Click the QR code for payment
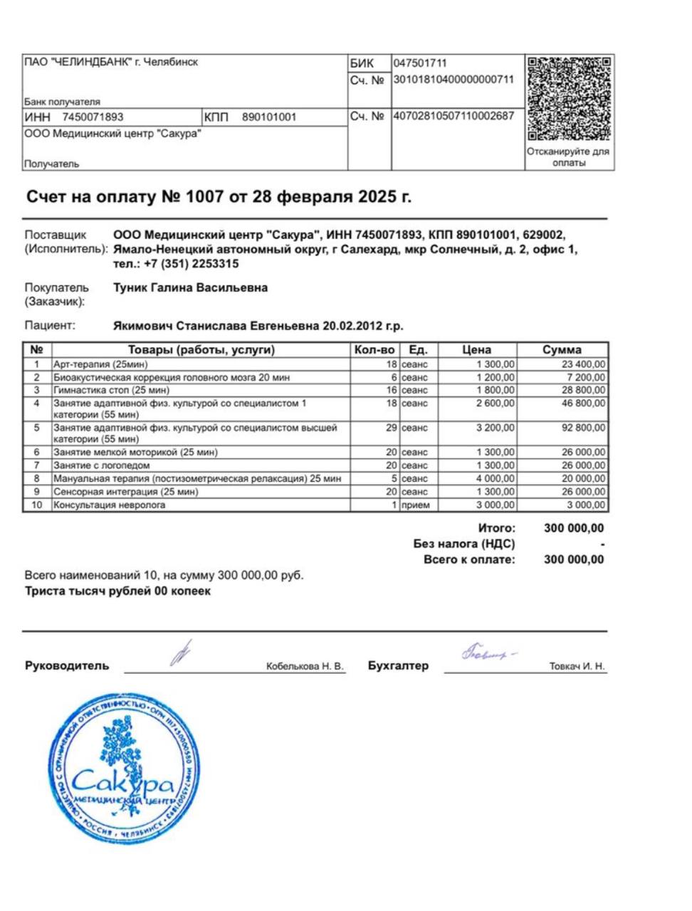click(570, 98)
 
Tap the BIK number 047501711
click(420, 63)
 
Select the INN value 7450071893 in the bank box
click(93, 117)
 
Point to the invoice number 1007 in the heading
click(204, 197)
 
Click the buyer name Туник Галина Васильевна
click(191, 288)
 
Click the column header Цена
click(476, 349)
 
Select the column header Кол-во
click(374, 349)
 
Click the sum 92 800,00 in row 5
click(582, 428)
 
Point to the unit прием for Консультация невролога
click(415, 505)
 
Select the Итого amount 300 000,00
click(573, 528)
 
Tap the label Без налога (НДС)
click(464, 544)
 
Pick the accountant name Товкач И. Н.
click(577, 666)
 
